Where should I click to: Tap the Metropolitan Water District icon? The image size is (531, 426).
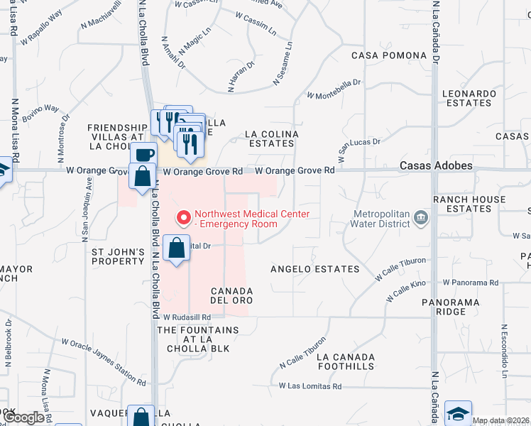point(420,217)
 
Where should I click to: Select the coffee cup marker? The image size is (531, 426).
point(143,154)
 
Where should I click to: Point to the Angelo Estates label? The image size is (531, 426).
point(315,269)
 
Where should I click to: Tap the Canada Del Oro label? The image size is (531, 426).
point(231,296)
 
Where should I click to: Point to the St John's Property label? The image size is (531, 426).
point(118,256)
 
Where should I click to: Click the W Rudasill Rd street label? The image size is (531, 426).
point(187,317)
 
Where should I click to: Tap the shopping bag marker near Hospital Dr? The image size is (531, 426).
point(177,248)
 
